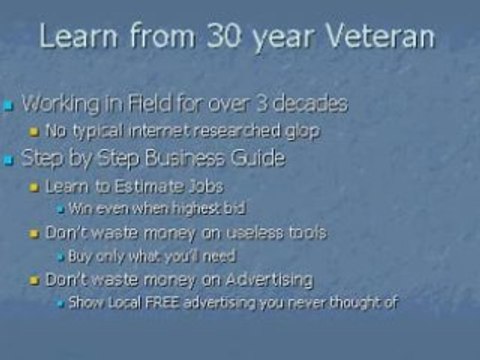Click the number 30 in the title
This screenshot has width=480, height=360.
point(223,35)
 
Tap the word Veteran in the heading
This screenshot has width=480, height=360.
point(379,35)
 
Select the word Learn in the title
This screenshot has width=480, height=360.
point(78,35)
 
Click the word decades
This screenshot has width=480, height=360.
point(310,103)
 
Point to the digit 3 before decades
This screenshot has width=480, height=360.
point(263,103)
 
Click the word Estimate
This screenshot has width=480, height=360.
point(149,186)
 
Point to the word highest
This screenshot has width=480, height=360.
point(195,209)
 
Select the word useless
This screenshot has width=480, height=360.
point(255,232)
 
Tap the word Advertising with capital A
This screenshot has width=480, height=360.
point(269,280)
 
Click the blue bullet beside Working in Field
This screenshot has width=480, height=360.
point(8,106)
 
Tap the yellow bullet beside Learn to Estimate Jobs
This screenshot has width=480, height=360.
point(34,187)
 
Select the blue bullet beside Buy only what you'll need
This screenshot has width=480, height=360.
point(61,257)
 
